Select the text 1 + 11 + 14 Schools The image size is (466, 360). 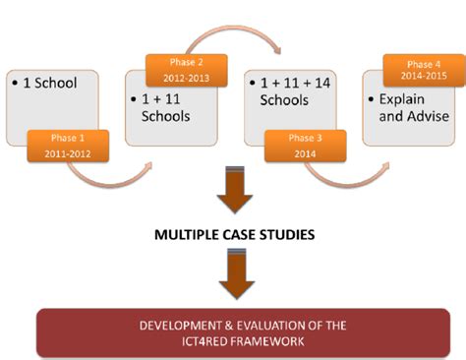pos(287,91)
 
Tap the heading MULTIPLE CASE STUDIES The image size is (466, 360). pos(233,236)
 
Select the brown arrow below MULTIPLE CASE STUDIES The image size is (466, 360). pos(233,275)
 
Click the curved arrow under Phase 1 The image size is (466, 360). pos(98,177)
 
